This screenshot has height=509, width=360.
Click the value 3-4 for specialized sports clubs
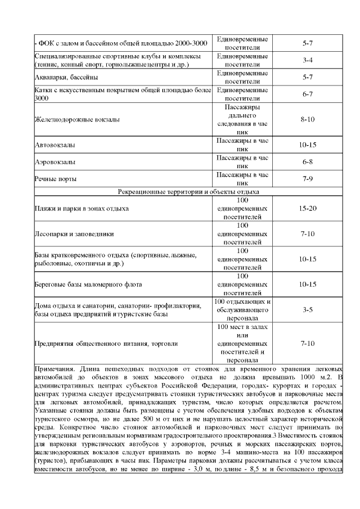[307, 60]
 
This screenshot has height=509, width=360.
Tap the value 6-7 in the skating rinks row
[307, 94]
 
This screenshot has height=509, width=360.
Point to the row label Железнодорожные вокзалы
[76, 120]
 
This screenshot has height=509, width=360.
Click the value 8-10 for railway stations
[307, 120]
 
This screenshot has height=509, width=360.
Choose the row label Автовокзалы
[55, 145]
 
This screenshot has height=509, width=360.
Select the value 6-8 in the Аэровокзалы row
[307, 162]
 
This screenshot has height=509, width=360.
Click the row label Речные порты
[56, 179]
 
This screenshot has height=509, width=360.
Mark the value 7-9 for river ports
[307, 179]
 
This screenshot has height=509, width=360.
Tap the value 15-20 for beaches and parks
[307, 208]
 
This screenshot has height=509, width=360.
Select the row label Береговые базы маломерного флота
[88, 285]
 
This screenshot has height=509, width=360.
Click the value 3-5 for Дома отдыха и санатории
[307, 310]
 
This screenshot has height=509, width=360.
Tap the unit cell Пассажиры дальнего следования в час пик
[242, 120]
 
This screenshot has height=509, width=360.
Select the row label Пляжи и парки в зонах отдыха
[82, 209]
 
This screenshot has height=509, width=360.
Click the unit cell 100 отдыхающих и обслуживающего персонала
[242, 310]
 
